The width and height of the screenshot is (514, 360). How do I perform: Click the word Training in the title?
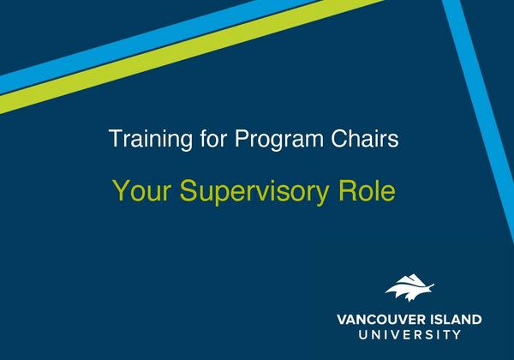tap(148, 138)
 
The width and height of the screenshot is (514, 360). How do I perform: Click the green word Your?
tap(139, 190)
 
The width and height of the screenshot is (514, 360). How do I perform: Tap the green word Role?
tap(369, 190)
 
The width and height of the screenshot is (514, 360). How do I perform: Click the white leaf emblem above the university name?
tap(409, 288)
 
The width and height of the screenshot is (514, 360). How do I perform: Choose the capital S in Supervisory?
tap(187, 190)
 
